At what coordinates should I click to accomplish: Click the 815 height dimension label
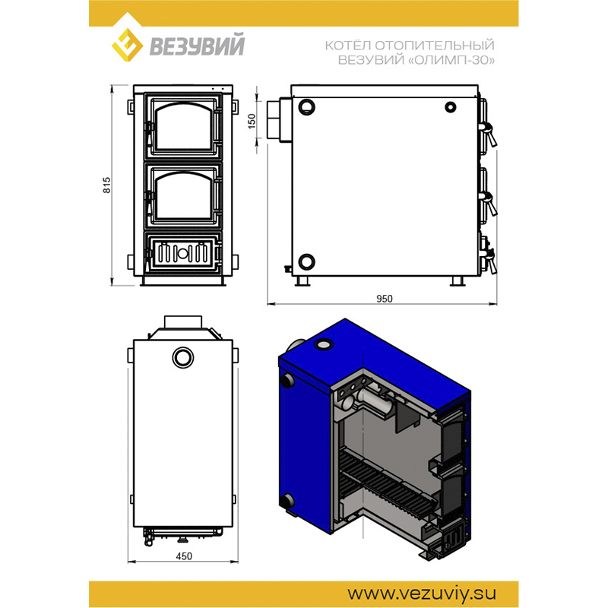pyautogui.click(x=106, y=185)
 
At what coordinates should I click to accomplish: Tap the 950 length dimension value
pyautogui.click(x=385, y=299)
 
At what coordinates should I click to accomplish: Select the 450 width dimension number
pyautogui.click(x=184, y=556)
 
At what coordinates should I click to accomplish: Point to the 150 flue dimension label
pyautogui.click(x=252, y=121)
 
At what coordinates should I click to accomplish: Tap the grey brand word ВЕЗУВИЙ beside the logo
pyautogui.click(x=197, y=46)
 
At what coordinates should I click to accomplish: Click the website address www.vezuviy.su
pyautogui.click(x=422, y=594)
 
